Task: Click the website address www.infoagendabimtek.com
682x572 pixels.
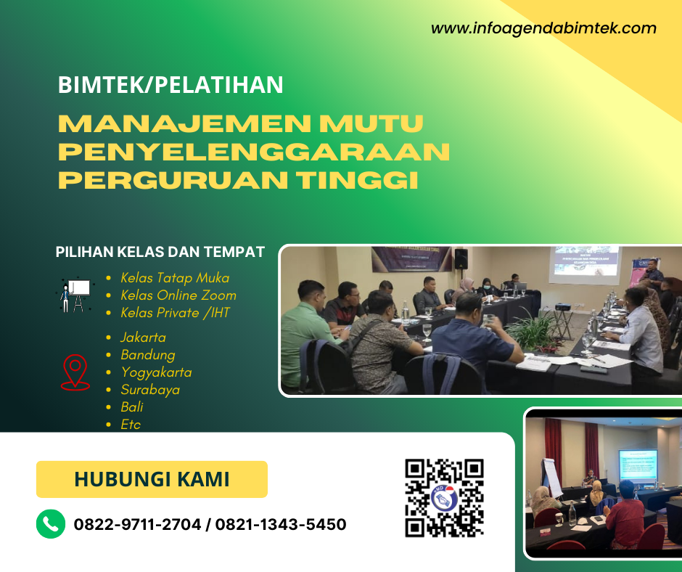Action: coord(543,29)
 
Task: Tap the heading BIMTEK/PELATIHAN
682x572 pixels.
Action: coord(170,85)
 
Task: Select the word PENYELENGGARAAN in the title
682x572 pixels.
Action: coord(254,152)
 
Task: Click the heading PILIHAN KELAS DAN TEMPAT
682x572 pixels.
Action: coord(160,253)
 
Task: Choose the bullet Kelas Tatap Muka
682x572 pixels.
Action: coord(175,278)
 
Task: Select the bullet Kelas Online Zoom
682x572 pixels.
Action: coord(178,295)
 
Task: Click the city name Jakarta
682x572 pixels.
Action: coord(144,338)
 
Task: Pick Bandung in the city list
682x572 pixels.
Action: coord(148,355)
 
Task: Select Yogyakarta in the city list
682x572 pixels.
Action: coord(156,372)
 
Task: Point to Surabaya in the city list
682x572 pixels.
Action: coord(150,390)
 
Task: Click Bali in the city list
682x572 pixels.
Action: coord(132,407)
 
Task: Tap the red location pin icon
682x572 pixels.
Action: coord(75,372)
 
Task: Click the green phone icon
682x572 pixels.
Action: coord(51,524)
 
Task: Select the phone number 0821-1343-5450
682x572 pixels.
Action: coord(281,524)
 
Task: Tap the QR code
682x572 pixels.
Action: coord(444,498)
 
